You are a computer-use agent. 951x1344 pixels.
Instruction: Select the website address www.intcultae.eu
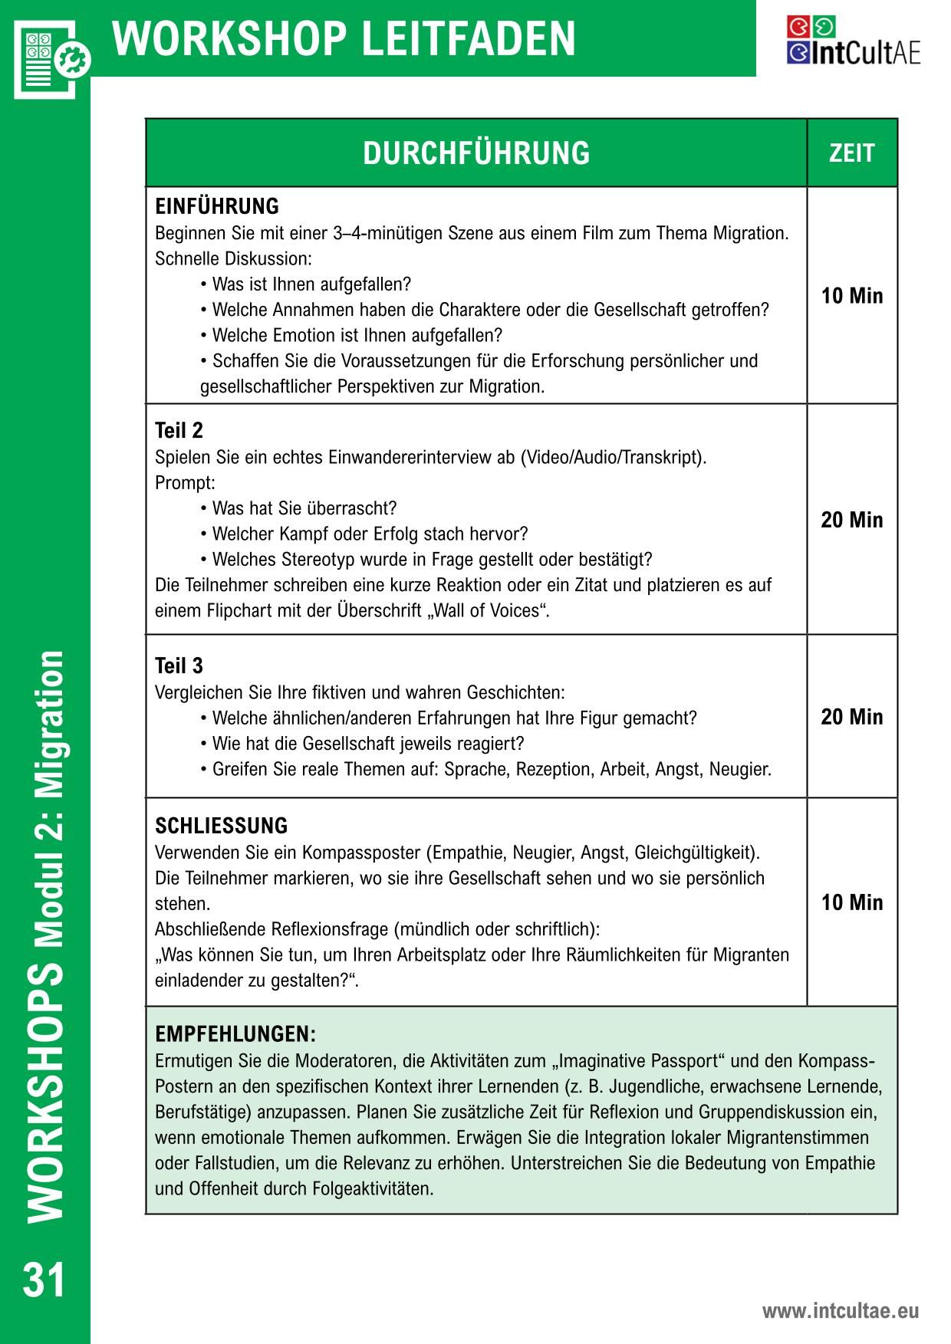(x=840, y=1311)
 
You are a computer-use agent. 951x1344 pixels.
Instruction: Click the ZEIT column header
(x=851, y=153)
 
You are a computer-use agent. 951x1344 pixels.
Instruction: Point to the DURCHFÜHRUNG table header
(x=476, y=153)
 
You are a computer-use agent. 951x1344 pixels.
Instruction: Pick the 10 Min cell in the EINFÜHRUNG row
(x=851, y=296)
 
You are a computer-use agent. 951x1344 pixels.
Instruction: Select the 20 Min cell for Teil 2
(x=851, y=520)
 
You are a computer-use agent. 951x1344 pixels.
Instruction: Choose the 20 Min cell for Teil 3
(x=851, y=717)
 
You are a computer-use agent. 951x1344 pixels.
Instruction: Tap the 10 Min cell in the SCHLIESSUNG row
(x=851, y=902)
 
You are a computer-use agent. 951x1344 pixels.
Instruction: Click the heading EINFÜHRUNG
(x=217, y=206)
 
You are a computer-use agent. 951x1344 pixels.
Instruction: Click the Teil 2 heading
(x=179, y=430)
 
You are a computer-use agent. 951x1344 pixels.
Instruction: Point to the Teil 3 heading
(x=179, y=665)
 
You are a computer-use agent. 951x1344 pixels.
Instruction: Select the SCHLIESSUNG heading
(x=221, y=826)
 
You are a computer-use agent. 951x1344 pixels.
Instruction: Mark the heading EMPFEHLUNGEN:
(x=235, y=1034)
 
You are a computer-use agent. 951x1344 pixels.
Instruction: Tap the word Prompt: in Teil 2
(x=185, y=483)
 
